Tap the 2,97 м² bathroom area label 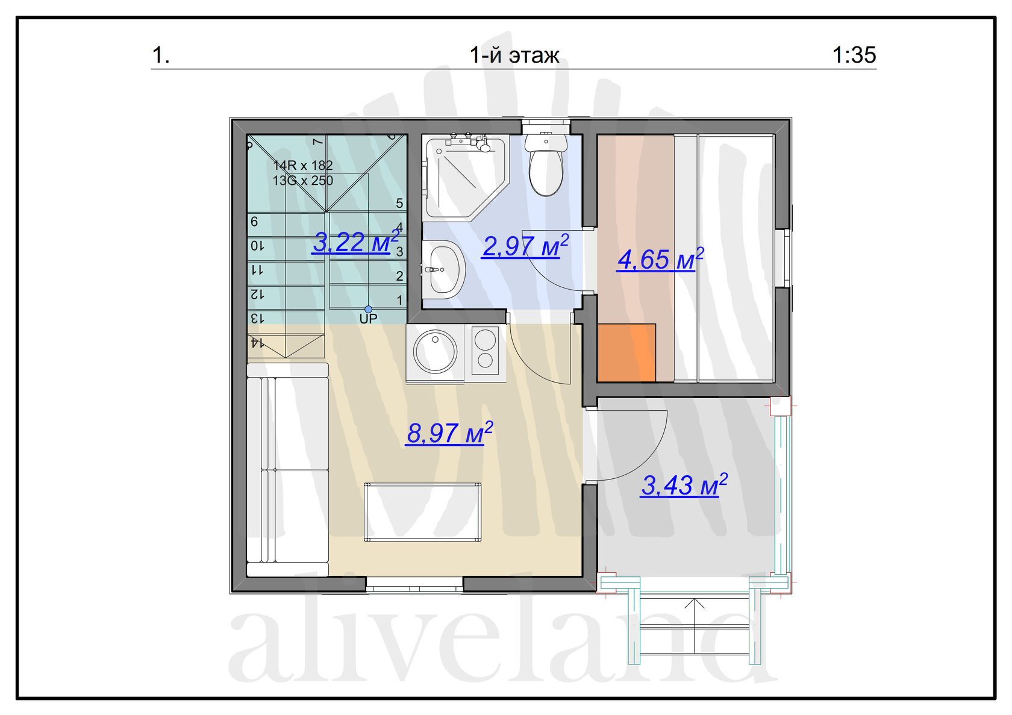[x=525, y=246]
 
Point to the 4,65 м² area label [x=660, y=259]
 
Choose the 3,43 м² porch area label [x=684, y=485]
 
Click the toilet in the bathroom [x=546, y=165]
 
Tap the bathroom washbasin [x=445, y=270]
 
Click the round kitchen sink [x=435, y=352]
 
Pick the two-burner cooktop [x=486, y=351]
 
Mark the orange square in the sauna [x=626, y=353]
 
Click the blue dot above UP [x=368, y=310]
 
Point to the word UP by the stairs [x=368, y=319]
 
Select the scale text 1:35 [x=854, y=55]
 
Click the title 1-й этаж [x=514, y=55]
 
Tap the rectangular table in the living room [x=422, y=512]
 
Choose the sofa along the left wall [x=288, y=470]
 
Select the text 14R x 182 [x=302, y=165]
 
